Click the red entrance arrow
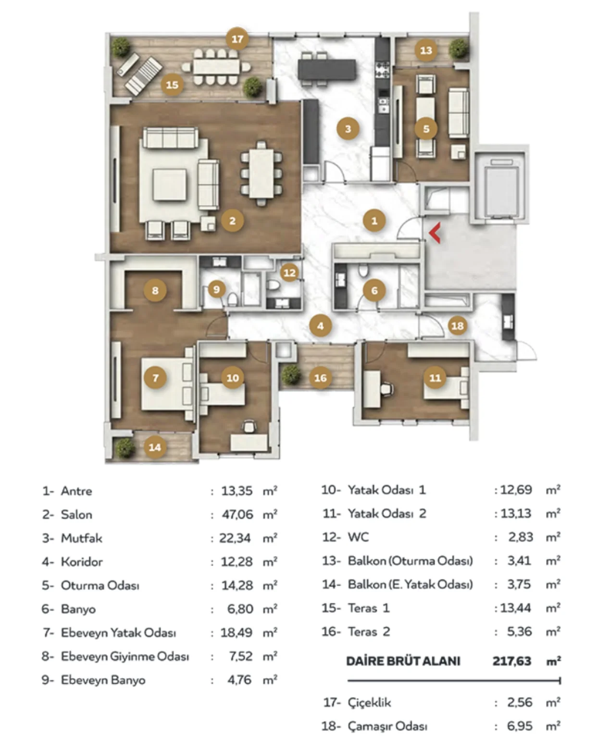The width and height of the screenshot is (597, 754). (x=435, y=233)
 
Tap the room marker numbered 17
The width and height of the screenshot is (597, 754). (x=237, y=39)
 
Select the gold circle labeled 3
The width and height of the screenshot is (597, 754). (x=348, y=129)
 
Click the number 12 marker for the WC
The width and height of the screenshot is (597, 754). (x=289, y=272)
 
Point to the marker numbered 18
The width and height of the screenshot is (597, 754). (x=458, y=326)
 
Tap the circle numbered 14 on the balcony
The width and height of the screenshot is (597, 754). (x=155, y=447)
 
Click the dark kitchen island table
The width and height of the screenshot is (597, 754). (x=327, y=69)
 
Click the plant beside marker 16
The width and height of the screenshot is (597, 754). (x=291, y=374)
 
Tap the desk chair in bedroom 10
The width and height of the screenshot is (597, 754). (x=249, y=426)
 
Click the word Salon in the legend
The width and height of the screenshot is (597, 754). (x=76, y=515)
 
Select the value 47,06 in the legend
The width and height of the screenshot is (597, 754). (x=237, y=515)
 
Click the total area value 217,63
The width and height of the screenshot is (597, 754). (x=512, y=661)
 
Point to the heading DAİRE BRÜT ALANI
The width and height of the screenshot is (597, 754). (x=403, y=661)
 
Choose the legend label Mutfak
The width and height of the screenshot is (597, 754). (x=82, y=538)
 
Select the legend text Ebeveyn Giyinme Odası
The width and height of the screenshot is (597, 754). (x=125, y=656)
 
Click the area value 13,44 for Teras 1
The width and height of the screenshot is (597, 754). (x=515, y=608)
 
